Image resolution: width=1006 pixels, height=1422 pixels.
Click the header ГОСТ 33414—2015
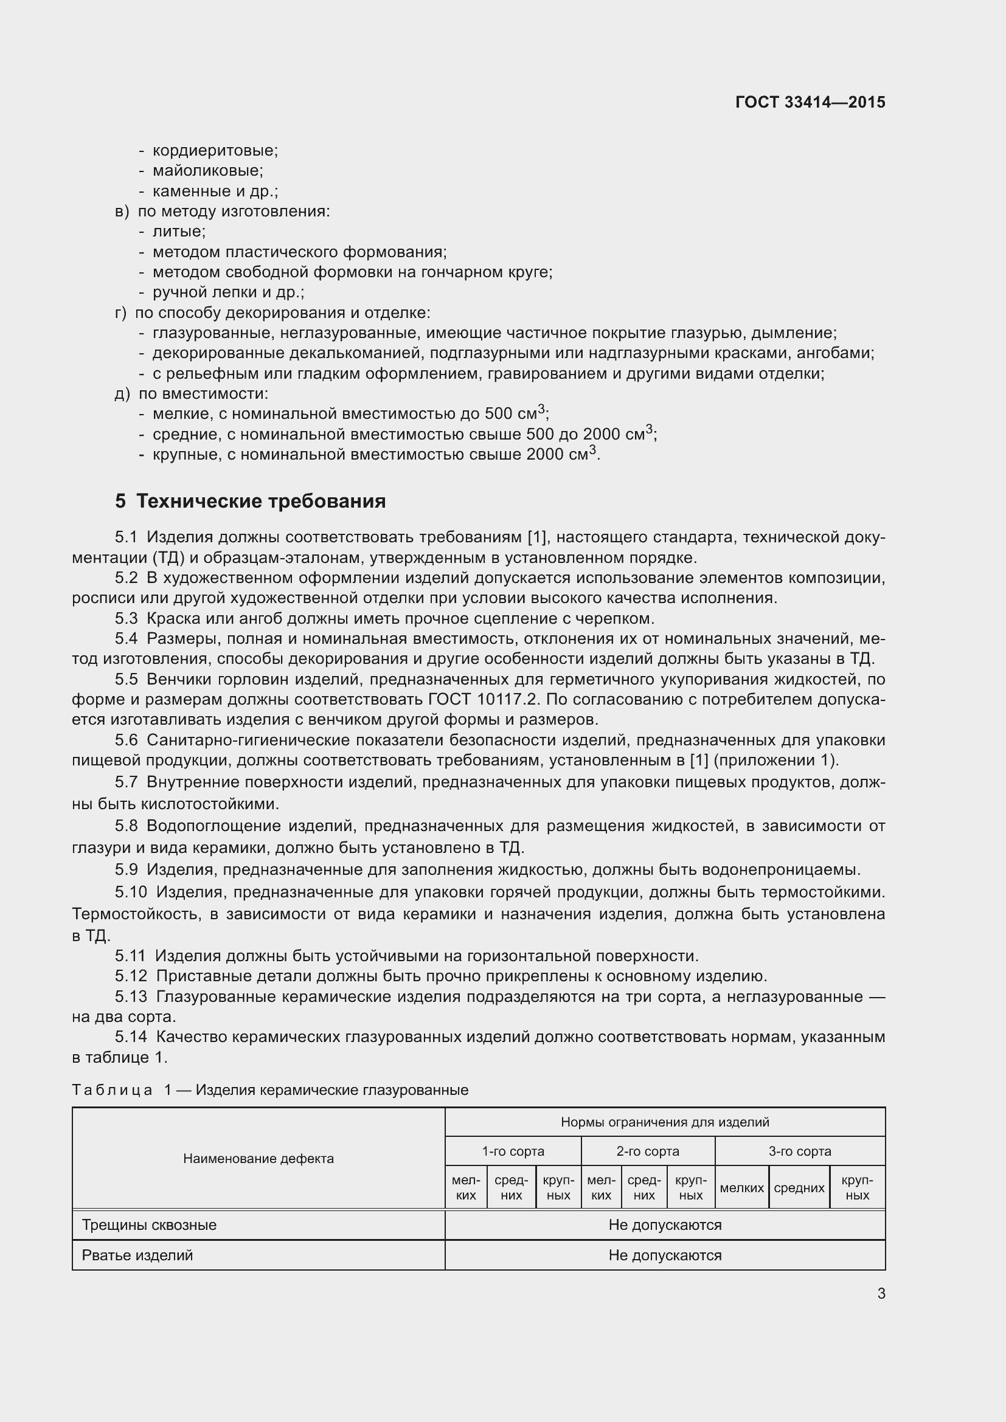pyautogui.click(x=810, y=102)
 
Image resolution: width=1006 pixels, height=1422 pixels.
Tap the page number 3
pyautogui.click(x=881, y=1293)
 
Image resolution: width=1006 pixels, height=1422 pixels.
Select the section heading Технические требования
pyautogui.click(x=260, y=501)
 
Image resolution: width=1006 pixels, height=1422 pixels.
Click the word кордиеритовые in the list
pyautogui.click(x=214, y=151)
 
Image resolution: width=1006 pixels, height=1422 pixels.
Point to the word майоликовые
pyautogui.click(x=207, y=170)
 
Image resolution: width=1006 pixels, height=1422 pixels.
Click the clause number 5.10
pyautogui.click(x=131, y=892)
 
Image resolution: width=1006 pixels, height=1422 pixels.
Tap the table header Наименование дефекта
pyautogui.click(x=258, y=1158)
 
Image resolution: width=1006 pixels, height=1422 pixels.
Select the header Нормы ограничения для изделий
pyautogui.click(x=665, y=1122)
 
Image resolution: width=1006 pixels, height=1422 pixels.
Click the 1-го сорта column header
pyautogui.click(x=513, y=1151)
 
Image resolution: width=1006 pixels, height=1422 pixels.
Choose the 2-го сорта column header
pyautogui.click(x=647, y=1151)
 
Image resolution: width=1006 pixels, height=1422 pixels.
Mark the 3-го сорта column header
pyautogui.click(x=800, y=1151)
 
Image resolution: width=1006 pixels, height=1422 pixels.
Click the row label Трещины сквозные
pyautogui.click(x=149, y=1224)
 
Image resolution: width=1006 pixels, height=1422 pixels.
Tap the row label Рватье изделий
pyautogui.click(x=137, y=1255)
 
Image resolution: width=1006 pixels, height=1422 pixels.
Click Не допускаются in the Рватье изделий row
pyautogui.click(x=665, y=1255)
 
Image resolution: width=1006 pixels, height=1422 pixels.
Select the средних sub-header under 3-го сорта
pyautogui.click(x=799, y=1187)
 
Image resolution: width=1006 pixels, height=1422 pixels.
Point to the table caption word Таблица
pyautogui.click(x=112, y=1089)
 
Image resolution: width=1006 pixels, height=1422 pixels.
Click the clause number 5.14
pyautogui.click(x=131, y=1036)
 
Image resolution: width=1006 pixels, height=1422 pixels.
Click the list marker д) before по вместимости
pyautogui.click(x=122, y=394)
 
